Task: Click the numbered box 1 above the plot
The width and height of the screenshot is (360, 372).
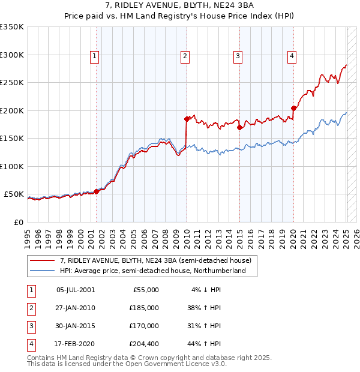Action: click(x=95, y=57)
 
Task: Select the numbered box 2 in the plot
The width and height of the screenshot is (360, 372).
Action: click(x=185, y=57)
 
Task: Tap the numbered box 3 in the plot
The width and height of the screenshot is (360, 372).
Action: click(x=238, y=57)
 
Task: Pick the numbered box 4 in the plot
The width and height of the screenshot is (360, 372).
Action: click(x=292, y=57)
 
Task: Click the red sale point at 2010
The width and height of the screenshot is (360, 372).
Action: click(x=187, y=119)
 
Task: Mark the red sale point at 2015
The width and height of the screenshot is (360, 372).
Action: click(x=239, y=127)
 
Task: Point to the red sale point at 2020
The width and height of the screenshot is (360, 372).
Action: click(x=293, y=109)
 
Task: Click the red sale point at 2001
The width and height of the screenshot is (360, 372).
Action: click(x=96, y=191)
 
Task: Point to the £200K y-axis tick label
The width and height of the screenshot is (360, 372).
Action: click(x=12, y=110)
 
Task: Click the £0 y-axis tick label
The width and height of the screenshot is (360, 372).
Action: click(x=18, y=222)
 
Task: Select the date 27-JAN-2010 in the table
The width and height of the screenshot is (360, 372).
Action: click(x=75, y=308)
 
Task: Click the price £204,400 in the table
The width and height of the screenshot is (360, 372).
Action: click(x=144, y=344)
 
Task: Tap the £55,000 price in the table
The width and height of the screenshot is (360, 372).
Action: click(x=146, y=290)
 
